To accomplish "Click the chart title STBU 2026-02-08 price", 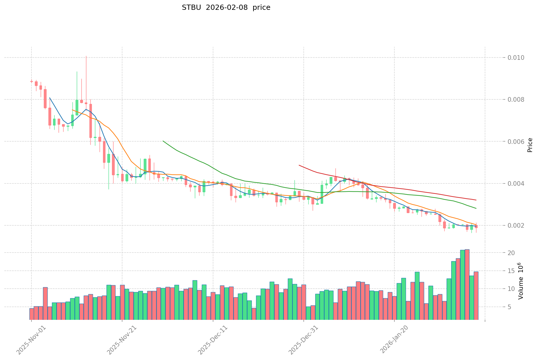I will (x=226, y=8).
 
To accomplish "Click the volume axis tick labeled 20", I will (x=511, y=253).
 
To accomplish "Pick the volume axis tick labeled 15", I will (x=511, y=271).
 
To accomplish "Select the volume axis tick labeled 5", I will (x=511, y=307).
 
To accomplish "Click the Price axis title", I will (x=530, y=145).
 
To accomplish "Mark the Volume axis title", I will (x=521, y=281).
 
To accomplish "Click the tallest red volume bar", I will (x=467, y=285).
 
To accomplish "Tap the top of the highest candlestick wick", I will (x=86, y=56).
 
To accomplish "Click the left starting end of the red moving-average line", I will (x=299, y=165).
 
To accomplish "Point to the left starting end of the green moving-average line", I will (x=163, y=141).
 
